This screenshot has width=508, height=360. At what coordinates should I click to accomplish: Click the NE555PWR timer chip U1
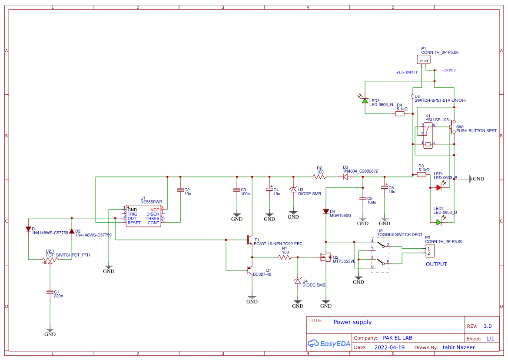(143, 216)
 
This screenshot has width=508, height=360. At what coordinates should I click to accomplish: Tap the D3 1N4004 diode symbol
(346, 177)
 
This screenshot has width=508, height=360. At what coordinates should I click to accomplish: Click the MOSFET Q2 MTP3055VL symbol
(325, 257)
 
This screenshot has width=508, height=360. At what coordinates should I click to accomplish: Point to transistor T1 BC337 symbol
(249, 240)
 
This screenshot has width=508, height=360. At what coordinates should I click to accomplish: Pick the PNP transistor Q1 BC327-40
(249, 270)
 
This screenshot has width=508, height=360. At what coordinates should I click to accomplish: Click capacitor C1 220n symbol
(50, 293)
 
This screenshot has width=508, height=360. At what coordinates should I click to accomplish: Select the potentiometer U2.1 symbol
(50, 260)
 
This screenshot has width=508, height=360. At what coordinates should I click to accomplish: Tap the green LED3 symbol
(365, 101)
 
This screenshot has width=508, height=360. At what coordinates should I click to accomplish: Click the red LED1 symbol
(439, 188)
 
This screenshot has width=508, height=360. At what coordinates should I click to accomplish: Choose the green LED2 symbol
(439, 222)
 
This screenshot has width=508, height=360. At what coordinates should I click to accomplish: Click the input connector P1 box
(423, 60)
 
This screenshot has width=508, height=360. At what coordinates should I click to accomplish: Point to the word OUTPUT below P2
(436, 264)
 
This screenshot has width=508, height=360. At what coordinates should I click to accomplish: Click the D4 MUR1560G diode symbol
(325, 212)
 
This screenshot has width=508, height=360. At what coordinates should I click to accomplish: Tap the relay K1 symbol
(428, 136)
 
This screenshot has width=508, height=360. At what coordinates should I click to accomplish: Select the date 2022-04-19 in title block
(389, 347)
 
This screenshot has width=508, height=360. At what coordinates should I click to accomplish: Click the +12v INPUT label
(406, 73)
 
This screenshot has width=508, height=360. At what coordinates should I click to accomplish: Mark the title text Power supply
(352, 322)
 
